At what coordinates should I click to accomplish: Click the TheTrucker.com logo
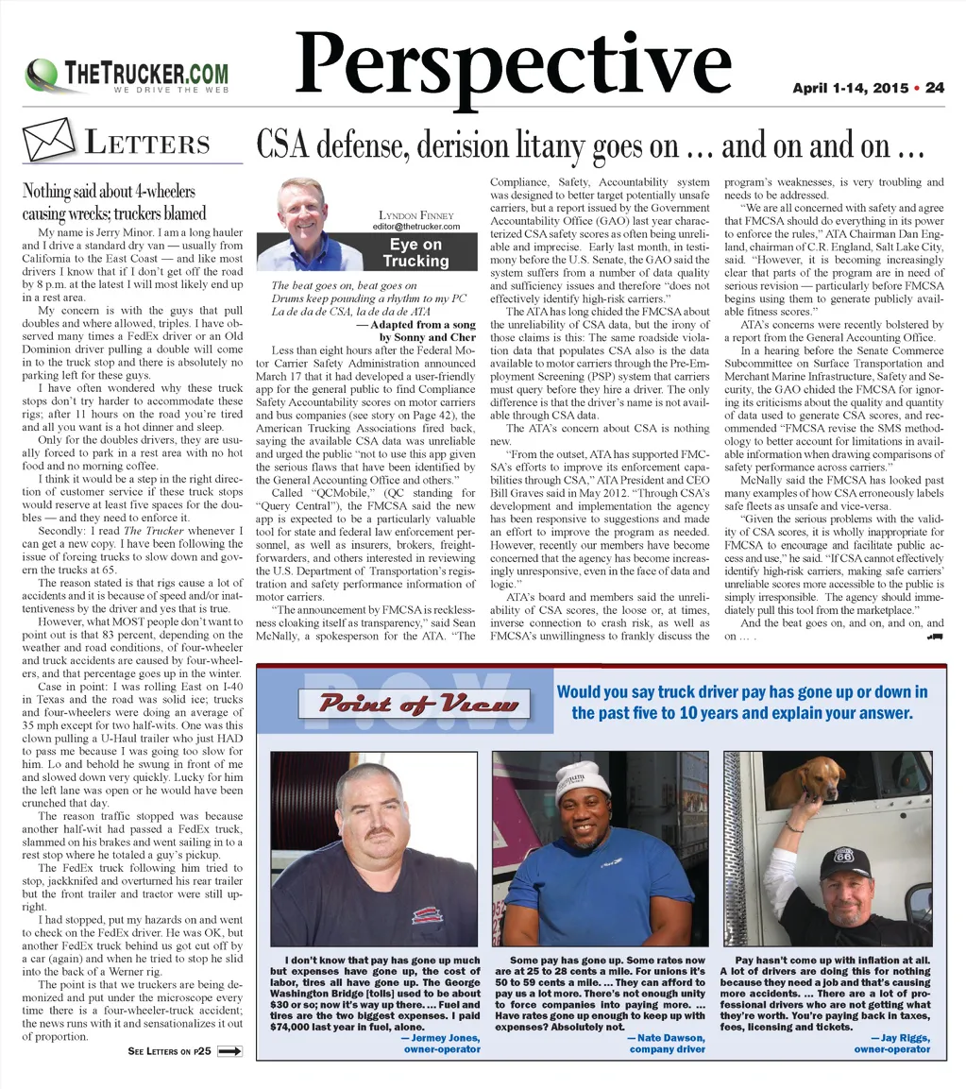(x=128, y=75)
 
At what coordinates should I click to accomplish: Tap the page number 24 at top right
(x=935, y=88)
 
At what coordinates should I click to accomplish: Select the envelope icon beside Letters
(x=47, y=142)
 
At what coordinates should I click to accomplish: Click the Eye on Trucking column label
(x=415, y=252)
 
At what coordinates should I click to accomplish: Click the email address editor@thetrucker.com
(x=415, y=227)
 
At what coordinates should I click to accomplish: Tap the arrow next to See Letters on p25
(x=229, y=1050)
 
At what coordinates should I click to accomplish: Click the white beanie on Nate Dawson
(x=582, y=780)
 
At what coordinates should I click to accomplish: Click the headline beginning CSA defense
(x=589, y=146)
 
